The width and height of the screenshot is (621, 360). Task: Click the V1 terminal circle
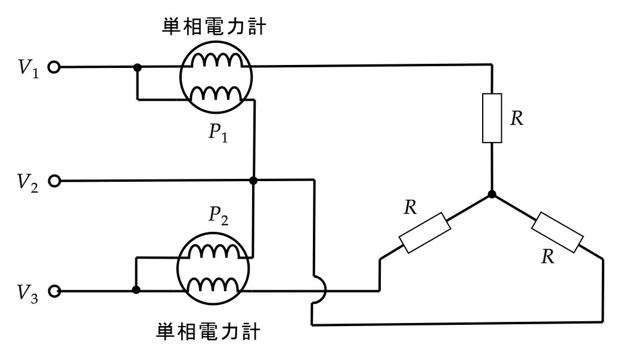pyautogui.click(x=54, y=67)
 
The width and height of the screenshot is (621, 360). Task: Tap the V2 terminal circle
pyautogui.click(x=54, y=181)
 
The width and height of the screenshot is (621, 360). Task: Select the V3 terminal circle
pyautogui.click(x=54, y=291)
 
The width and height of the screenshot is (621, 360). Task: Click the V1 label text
pyautogui.click(x=29, y=69)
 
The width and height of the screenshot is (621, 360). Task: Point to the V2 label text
pyautogui.click(x=28, y=182)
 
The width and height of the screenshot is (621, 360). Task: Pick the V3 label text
pyautogui.click(x=28, y=293)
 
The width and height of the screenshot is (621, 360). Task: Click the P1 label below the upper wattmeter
pyautogui.click(x=218, y=133)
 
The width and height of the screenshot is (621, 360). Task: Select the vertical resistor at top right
pyautogui.click(x=492, y=118)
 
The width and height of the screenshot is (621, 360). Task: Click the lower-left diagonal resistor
pyautogui.click(x=424, y=232)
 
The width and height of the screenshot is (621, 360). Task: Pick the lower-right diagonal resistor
pyautogui.click(x=557, y=232)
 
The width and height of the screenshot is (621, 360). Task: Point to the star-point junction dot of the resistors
pyautogui.click(x=492, y=194)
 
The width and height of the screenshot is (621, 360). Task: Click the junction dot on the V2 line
pyautogui.click(x=253, y=181)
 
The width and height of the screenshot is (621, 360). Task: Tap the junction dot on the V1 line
pyautogui.click(x=138, y=68)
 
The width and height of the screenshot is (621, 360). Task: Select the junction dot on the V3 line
pyautogui.click(x=136, y=290)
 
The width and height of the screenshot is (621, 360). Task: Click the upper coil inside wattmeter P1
pyautogui.click(x=217, y=60)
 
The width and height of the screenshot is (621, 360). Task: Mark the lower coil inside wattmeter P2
pyautogui.click(x=214, y=285)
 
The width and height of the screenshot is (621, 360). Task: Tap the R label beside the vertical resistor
pyautogui.click(x=517, y=119)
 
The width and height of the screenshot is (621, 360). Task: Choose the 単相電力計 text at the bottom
pyautogui.click(x=209, y=331)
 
